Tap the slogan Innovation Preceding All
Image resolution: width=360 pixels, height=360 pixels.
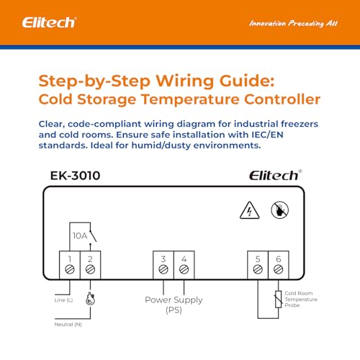[292, 23]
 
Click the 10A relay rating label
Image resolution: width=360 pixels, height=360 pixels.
[80, 235]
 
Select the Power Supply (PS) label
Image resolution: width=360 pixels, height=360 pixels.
[174, 305]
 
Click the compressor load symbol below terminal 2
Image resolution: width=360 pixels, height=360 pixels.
[90, 300]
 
